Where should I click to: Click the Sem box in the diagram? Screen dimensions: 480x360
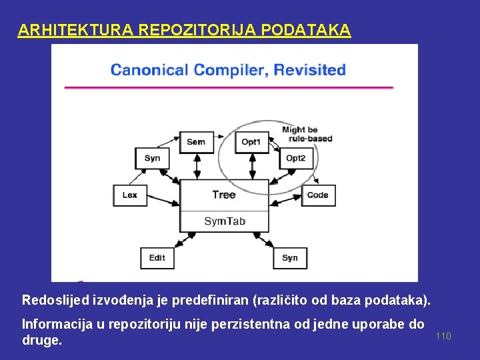point(196,141)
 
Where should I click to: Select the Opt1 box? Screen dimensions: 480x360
point(251,141)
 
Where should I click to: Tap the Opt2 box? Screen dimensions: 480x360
point(296,158)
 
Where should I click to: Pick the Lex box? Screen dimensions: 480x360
point(130,195)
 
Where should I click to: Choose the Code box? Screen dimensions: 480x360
point(317,195)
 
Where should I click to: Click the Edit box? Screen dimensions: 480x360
point(157,257)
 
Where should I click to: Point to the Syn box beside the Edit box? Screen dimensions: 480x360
point(290,257)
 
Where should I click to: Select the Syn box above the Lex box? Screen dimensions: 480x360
point(152,158)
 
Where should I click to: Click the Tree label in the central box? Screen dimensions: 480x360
point(223,195)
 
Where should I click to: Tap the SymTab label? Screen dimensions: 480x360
point(224,221)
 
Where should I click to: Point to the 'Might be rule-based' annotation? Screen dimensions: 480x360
point(306,134)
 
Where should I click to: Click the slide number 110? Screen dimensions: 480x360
point(443,336)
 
